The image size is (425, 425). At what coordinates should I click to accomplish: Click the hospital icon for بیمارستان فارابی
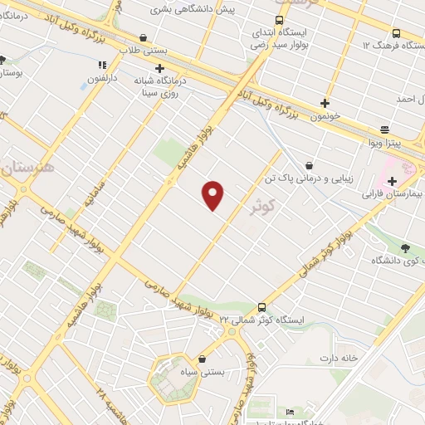click(392, 181)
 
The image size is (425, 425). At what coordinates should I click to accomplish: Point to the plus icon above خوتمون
click(325, 104)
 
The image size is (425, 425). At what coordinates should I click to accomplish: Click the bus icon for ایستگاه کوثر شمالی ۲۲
click(262, 306)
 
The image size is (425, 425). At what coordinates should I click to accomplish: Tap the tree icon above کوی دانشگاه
click(405, 247)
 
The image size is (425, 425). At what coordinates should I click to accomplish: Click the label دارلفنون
click(105, 81)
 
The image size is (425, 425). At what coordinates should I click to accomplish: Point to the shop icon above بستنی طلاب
click(144, 37)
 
